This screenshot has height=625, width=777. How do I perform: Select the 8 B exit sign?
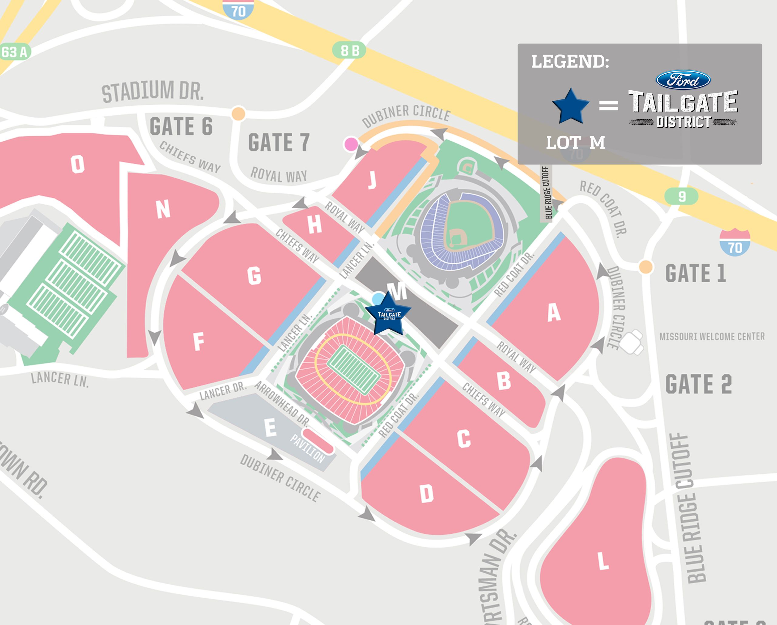coord(349,50)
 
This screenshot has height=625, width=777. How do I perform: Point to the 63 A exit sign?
coord(14,52)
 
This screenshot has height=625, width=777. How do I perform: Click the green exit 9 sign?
coord(681,197)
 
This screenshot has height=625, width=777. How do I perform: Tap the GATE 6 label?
coord(181,126)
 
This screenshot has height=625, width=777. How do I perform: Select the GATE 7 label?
coord(279,143)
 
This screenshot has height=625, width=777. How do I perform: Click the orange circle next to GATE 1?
coord(646,267)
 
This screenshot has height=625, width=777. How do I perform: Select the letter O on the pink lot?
coord(77,165)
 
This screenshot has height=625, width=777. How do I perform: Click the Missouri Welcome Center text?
coord(712,337)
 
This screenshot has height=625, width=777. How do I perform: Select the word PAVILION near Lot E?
coord(307,448)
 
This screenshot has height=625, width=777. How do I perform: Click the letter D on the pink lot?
coord(426,494)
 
